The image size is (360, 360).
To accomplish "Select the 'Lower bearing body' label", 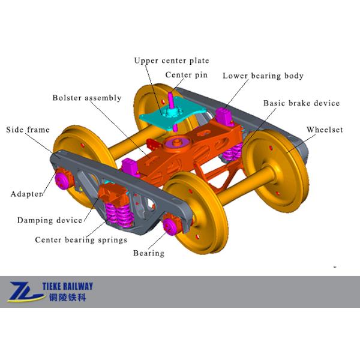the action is [263, 76].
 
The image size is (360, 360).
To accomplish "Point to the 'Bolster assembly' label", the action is [86, 98].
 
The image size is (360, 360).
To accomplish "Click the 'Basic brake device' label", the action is [301, 103].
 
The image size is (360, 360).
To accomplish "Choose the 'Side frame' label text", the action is [28, 130].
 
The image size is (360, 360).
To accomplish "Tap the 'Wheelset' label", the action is [325, 130].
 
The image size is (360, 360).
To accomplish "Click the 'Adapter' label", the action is [27, 194].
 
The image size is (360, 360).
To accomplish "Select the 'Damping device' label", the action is [49, 220].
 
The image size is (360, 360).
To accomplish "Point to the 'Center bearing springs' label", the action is [80, 240].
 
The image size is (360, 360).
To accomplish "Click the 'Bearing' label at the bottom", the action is [148, 253].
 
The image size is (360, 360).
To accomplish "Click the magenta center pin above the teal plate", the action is [172, 98].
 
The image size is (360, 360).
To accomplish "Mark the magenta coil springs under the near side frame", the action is [118, 214].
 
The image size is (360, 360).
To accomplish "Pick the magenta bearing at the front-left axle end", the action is [62, 179].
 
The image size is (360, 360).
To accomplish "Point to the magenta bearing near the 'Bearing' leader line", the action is [169, 226].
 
